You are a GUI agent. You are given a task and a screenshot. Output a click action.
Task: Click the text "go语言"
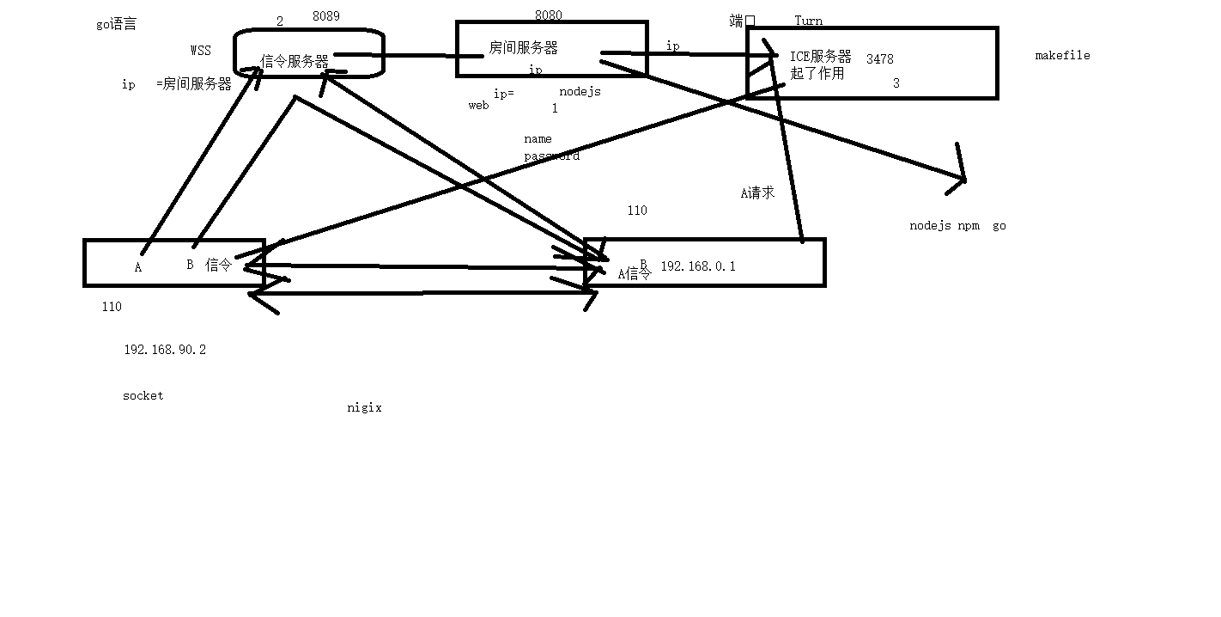tap(116, 24)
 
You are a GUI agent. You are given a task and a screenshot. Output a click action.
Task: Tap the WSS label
tap(200, 51)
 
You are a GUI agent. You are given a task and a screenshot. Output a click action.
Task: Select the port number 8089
tap(325, 15)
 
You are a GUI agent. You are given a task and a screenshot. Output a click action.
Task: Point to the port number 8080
tap(548, 15)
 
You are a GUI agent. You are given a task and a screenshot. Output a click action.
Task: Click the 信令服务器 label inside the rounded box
tap(295, 61)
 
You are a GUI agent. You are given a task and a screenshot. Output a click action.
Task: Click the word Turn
tap(808, 21)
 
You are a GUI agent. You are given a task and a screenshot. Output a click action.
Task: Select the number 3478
tap(879, 59)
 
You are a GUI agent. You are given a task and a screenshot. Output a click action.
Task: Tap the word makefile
tap(1062, 55)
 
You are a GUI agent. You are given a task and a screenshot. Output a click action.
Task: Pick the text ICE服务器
tap(820, 57)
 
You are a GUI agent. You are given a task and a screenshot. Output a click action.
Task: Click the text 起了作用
tap(817, 73)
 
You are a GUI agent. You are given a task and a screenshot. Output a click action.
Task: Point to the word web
tap(478, 105)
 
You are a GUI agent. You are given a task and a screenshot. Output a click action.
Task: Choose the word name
tap(538, 138)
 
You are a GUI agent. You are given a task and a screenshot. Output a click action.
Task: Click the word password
tap(551, 156)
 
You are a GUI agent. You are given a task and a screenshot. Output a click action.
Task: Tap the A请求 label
tap(757, 192)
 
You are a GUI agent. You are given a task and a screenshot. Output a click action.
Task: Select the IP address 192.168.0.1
tap(697, 266)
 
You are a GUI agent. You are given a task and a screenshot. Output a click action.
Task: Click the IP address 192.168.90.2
tap(165, 350)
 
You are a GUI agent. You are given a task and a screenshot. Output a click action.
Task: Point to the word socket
tap(143, 395)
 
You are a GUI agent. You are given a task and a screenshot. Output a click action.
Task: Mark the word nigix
tap(364, 407)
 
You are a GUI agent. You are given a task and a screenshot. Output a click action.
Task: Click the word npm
tap(968, 225)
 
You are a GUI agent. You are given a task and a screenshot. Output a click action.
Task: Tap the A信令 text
tap(635, 274)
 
